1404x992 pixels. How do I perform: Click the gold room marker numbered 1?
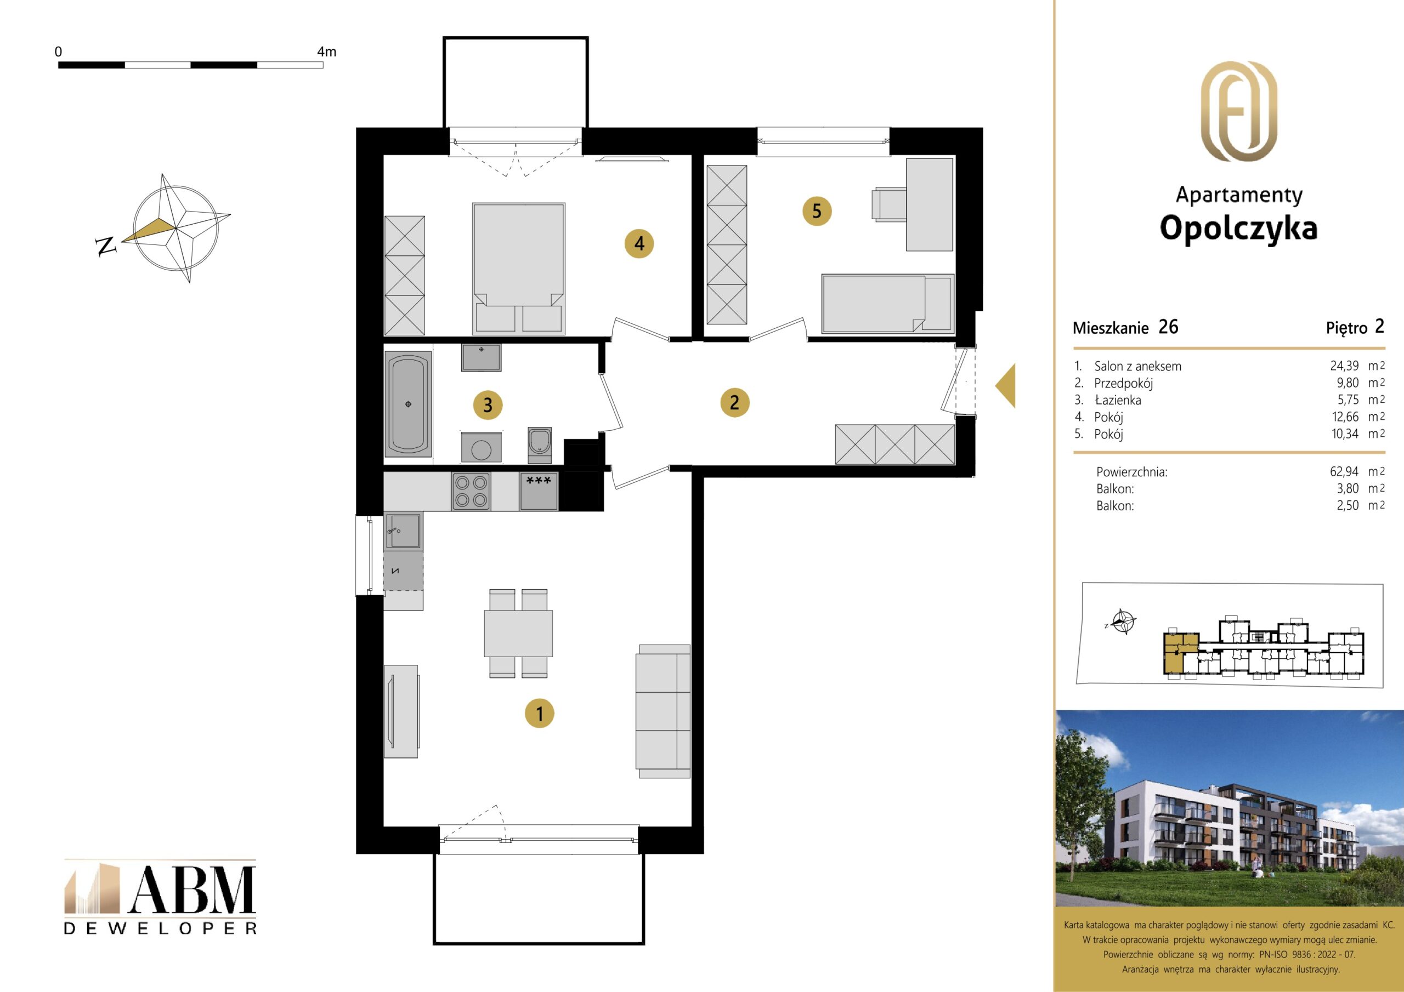(x=539, y=713)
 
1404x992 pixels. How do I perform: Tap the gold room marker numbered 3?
(x=488, y=404)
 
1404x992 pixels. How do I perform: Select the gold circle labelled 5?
(x=817, y=212)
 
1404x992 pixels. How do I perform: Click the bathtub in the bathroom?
(x=408, y=404)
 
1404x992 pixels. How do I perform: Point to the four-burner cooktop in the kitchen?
(x=471, y=492)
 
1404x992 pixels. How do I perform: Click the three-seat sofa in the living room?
(x=664, y=711)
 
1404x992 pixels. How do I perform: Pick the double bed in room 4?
(x=519, y=269)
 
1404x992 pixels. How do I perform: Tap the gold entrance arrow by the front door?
(x=1006, y=386)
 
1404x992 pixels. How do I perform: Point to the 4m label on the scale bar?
(x=326, y=52)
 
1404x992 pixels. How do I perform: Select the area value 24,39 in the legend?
(x=1344, y=366)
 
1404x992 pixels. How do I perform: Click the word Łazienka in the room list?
(x=1118, y=400)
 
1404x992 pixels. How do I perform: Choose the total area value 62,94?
(x=1344, y=471)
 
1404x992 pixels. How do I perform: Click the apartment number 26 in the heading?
(x=1168, y=327)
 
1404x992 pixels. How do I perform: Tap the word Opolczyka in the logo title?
(x=1238, y=228)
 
